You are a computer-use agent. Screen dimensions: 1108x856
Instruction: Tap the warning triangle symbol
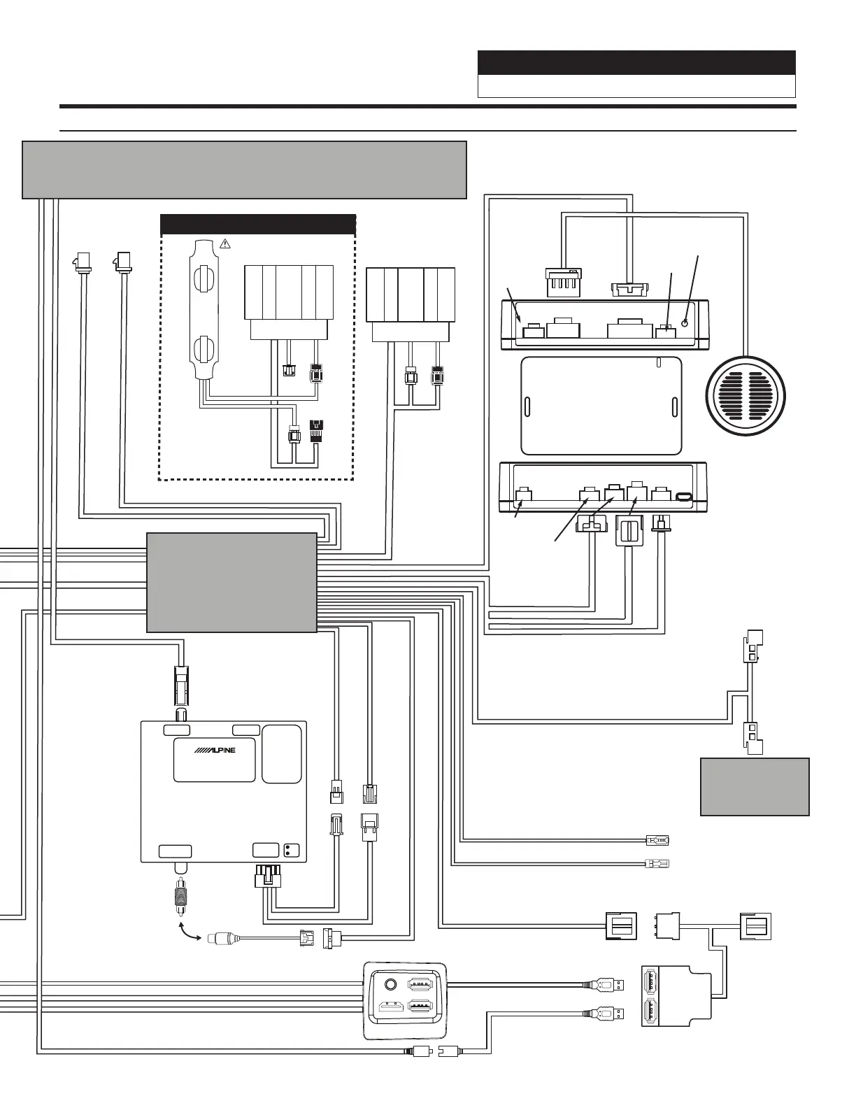click(225, 243)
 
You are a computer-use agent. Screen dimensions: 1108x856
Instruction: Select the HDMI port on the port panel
click(388, 1008)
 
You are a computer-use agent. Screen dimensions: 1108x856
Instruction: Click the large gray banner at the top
click(244, 170)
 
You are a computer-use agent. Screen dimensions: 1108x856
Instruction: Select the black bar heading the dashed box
click(258, 224)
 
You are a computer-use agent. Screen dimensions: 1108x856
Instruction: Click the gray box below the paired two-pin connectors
click(755, 786)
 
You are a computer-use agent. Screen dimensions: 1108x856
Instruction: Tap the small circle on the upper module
click(685, 322)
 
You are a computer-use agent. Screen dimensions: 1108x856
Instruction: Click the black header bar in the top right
click(636, 62)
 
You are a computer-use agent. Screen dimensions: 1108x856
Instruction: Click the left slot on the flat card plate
click(527, 406)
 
